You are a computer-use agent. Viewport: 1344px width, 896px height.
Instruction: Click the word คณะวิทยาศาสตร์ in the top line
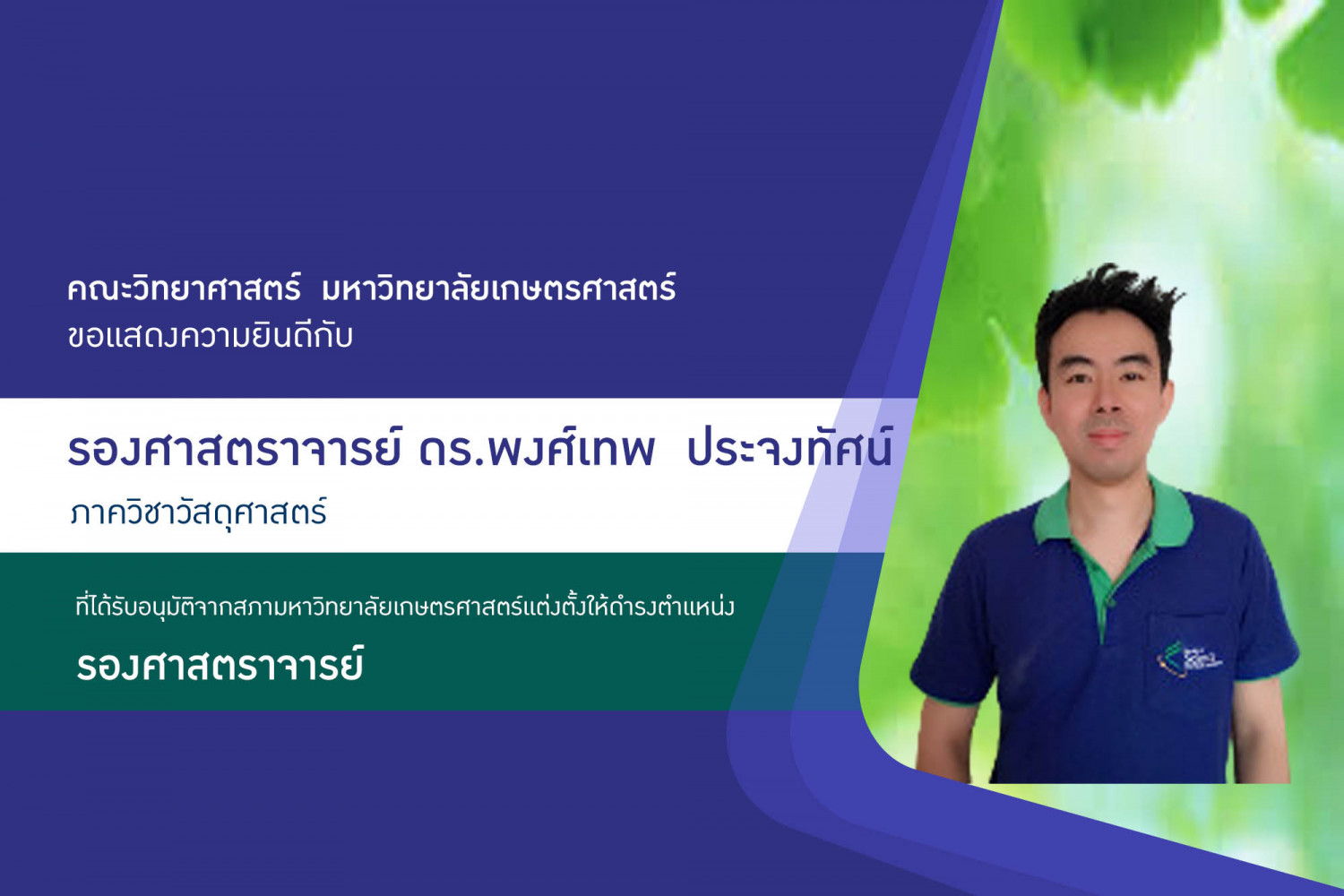pyautogui.click(x=184, y=288)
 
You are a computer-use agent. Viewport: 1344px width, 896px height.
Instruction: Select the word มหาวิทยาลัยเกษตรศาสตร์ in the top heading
pyautogui.click(x=499, y=288)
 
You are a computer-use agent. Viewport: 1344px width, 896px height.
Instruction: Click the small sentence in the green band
pyautogui.click(x=405, y=607)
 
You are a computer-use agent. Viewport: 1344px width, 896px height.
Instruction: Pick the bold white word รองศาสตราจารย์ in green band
pyautogui.click(x=220, y=664)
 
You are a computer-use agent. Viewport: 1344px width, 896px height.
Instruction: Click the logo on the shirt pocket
pyautogui.click(x=1189, y=660)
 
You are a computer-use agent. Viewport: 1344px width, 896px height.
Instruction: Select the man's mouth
pyautogui.click(x=1107, y=434)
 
